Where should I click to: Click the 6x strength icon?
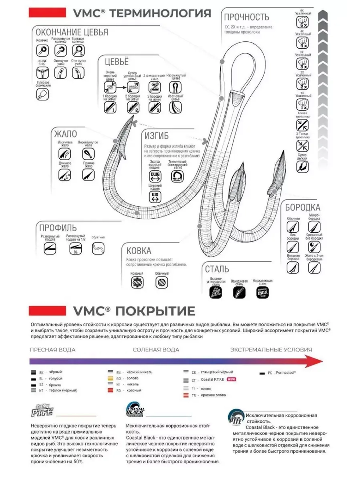pyautogui.click(x=302, y=23)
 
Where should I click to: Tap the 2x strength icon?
pyautogui.click(x=302, y=84)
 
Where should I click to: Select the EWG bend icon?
pyautogui.click(x=155, y=176)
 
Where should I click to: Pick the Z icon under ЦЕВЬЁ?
pyautogui.click(x=154, y=87)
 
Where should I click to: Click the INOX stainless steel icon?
pyautogui.click(x=262, y=292)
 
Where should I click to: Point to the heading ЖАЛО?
pyautogui.click(x=65, y=134)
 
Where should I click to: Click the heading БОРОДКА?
pyautogui.click(x=302, y=207)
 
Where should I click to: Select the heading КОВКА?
pyautogui.click(x=139, y=251)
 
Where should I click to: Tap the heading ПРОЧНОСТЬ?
pyautogui.click(x=246, y=17)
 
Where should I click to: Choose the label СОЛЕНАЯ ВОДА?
pyautogui.click(x=156, y=349)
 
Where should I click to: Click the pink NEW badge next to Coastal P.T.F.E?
pyautogui.click(x=231, y=380)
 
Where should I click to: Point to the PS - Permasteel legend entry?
pyautogui.click(x=278, y=373)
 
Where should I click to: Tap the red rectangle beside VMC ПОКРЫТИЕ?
pyautogui.click(x=47, y=311)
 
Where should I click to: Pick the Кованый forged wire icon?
pyautogui.click(x=137, y=283)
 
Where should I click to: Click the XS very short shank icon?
pyautogui.click(x=109, y=87)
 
